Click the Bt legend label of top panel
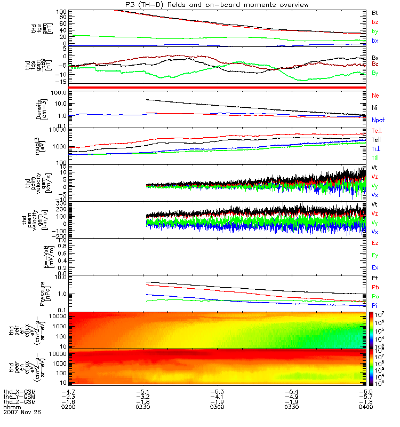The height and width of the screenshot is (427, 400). tap(375, 12)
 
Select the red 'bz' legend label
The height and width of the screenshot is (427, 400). tap(375, 22)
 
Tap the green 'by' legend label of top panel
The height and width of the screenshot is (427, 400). tap(375, 31)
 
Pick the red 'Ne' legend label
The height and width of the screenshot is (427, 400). tap(375, 95)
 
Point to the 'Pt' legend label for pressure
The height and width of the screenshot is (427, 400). tap(375, 279)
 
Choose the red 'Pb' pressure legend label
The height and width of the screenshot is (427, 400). tap(375, 288)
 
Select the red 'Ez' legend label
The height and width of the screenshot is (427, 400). tap(375, 243)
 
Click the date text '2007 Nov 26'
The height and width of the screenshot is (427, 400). tap(22, 412)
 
